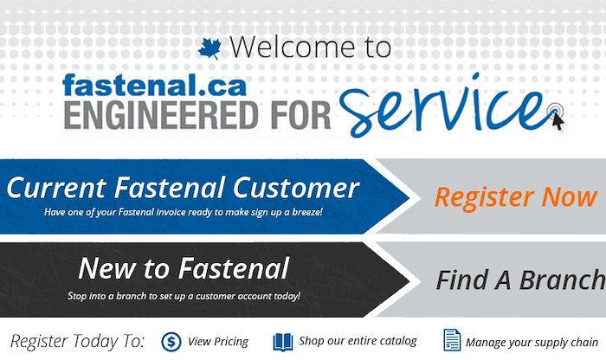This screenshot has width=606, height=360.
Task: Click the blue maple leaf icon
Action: pos(210,48)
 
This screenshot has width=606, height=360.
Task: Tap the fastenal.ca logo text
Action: pos(154,86)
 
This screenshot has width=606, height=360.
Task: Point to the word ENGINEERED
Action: pos(161,115)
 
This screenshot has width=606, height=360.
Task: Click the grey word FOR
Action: pos(300,115)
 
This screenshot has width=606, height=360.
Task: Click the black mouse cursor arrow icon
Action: pos(558,122)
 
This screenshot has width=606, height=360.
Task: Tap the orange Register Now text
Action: pos(516,198)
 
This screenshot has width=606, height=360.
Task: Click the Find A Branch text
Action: pos(520,280)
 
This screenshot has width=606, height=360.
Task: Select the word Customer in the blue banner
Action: pos(296,188)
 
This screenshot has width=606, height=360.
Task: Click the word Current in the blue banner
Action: pos(56,188)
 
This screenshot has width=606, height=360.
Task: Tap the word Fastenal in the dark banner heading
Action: pos(234,268)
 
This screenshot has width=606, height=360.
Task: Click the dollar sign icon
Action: pos(171,342)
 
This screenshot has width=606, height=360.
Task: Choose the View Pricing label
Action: pos(218,342)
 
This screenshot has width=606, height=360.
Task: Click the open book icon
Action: pos(283,342)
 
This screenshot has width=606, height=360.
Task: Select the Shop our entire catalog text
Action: pos(358,341)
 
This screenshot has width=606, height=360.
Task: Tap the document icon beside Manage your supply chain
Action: pos(452,340)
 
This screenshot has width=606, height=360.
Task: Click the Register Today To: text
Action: pos(77,342)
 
